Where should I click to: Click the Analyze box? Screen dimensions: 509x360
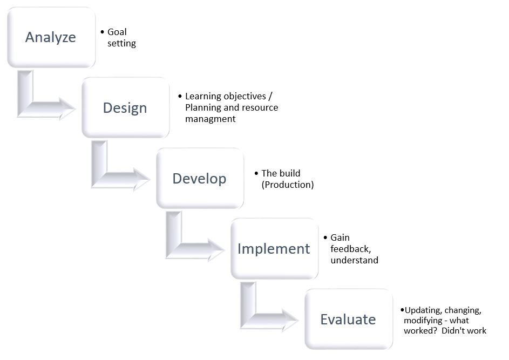click(51, 37)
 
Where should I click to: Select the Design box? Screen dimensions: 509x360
click(125, 107)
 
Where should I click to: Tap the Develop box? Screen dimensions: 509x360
click(199, 178)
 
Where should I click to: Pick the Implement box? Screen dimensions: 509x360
click(274, 248)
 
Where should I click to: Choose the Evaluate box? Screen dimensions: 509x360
click(348, 319)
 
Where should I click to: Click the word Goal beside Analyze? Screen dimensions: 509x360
click(117, 32)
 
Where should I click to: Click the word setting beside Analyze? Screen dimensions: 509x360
click(121, 44)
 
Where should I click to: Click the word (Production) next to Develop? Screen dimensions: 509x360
click(287, 185)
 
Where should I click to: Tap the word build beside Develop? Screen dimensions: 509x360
click(290, 173)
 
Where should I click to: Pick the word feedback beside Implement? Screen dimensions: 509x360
click(350, 249)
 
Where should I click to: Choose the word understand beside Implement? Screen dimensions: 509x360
click(354, 260)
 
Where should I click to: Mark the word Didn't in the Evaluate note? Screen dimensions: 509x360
click(454, 330)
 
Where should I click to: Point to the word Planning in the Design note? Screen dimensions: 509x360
click(203, 107)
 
